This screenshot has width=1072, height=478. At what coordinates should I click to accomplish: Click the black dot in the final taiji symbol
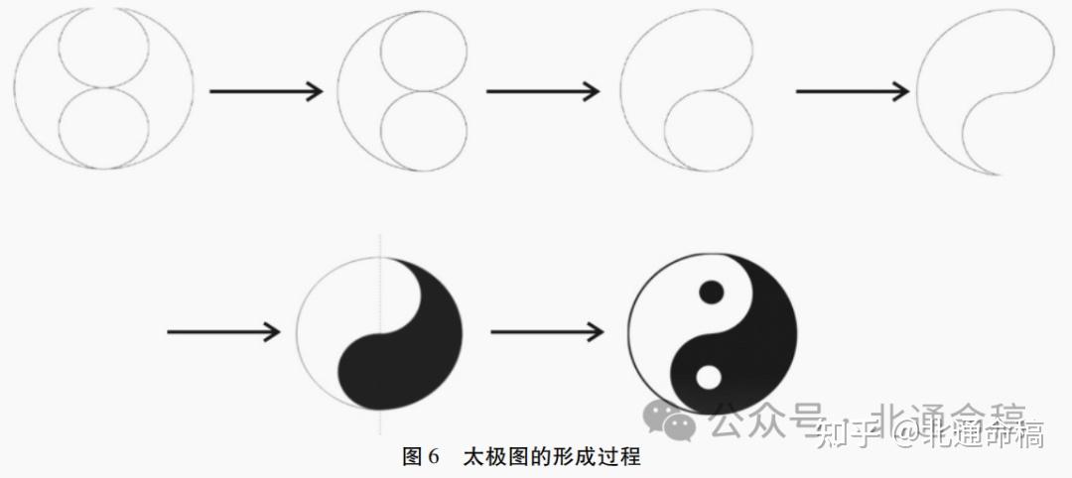(711, 292)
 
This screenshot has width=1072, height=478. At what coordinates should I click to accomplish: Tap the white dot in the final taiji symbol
(708, 377)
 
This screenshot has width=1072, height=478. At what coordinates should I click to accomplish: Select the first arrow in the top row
(266, 92)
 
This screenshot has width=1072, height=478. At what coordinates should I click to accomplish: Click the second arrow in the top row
(543, 92)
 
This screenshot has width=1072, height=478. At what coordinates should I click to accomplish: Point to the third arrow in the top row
(853, 92)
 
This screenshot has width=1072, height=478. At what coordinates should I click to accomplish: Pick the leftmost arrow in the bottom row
(223, 332)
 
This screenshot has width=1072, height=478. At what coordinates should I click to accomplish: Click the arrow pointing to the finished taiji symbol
(547, 332)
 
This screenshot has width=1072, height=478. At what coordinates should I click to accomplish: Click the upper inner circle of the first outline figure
(104, 50)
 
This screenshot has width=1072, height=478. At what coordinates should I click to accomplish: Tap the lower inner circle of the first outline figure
(104, 127)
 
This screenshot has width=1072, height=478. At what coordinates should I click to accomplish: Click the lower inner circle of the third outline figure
(707, 130)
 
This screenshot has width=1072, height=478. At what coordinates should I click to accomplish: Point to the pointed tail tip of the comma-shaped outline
(1003, 175)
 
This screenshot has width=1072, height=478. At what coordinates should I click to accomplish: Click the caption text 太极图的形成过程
(552, 458)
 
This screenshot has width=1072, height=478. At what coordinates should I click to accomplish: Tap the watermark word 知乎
(851, 431)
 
